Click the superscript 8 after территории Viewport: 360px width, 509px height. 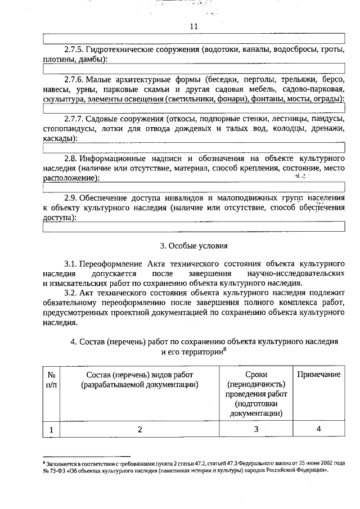click(x=224, y=349)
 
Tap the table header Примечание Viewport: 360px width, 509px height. click(x=318, y=375)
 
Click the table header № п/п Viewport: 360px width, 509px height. click(x=51, y=380)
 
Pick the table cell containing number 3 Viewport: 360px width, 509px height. click(x=256, y=430)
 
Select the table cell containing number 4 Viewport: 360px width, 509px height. click(x=318, y=430)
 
